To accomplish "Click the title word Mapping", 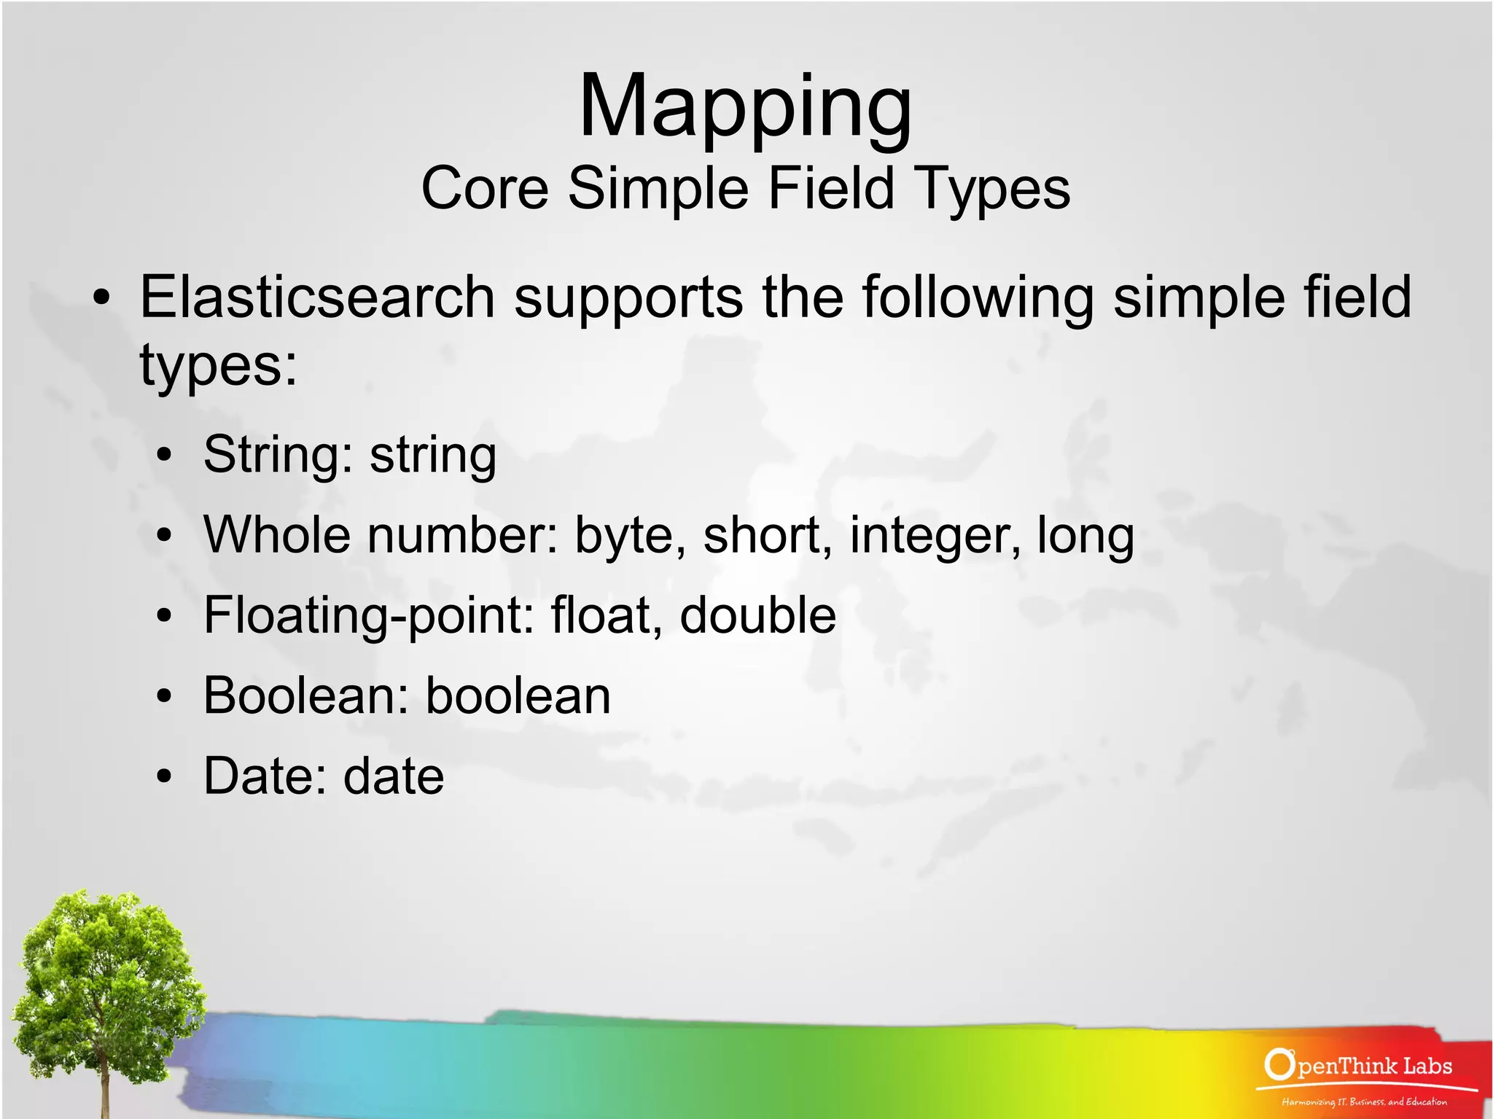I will (745, 108).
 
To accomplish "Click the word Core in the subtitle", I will (484, 188).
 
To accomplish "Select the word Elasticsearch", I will (317, 297).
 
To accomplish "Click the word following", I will (978, 299).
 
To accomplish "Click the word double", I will (757, 615).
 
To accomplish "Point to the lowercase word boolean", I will (518, 695).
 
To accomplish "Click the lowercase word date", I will (394, 776).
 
